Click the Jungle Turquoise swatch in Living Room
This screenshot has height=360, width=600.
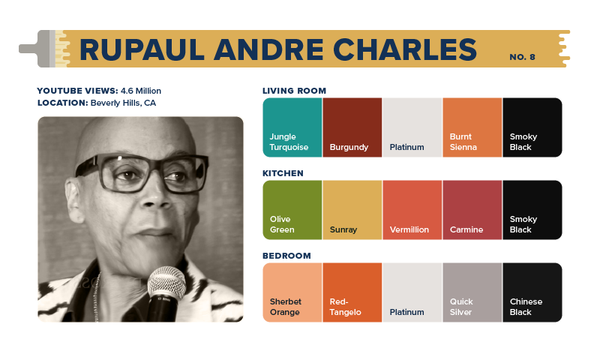[x=292, y=127]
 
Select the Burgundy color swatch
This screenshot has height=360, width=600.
[x=352, y=127]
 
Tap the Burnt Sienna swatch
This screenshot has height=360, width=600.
[x=472, y=127]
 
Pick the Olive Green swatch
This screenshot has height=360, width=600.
[x=292, y=210]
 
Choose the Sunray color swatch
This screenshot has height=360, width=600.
[x=352, y=210]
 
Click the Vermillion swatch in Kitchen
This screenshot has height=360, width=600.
[x=412, y=210]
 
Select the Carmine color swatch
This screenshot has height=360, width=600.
[x=472, y=210]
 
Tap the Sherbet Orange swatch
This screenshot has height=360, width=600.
[x=292, y=292]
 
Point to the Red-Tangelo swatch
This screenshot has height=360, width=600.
[x=352, y=292]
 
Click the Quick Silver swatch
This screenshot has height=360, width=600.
[x=472, y=292]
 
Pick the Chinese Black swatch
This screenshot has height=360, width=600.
[x=532, y=292]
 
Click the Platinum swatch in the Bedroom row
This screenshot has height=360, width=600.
[x=412, y=292]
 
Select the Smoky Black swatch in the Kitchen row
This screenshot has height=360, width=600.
[x=532, y=210]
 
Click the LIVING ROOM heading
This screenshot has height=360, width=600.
[x=294, y=91]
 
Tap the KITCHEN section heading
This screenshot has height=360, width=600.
[x=283, y=173]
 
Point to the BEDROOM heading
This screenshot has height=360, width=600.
[x=286, y=256]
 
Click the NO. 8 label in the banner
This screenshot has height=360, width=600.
[x=522, y=57]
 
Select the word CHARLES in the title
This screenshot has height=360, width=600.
[x=405, y=49]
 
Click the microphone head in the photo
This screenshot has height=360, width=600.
[x=166, y=283]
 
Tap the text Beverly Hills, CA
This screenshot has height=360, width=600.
[x=123, y=103]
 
